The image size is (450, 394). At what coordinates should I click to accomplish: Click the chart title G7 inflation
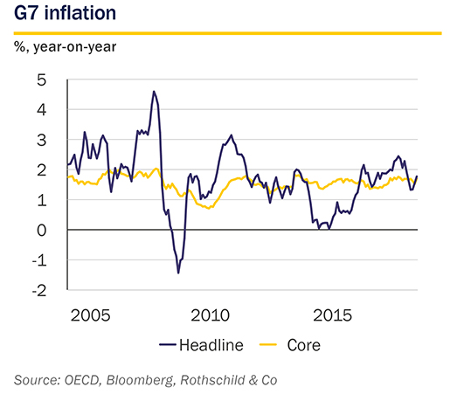tap(65, 13)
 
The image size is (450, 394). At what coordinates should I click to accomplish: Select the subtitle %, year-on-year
tap(65, 47)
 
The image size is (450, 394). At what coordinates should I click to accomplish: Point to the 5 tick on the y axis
tap(42, 79)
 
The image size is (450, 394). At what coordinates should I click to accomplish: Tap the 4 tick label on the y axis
tap(42, 110)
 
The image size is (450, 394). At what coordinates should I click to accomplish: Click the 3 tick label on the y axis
tap(42, 141)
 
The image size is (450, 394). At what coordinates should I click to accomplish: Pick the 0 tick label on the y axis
tap(42, 231)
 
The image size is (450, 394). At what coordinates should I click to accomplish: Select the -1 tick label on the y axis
tap(39, 260)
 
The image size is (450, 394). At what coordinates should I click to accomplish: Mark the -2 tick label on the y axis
tap(39, 291)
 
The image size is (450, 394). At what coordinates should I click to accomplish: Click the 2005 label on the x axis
tap(90, 315)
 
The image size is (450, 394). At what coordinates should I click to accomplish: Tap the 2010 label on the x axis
tap(211, 315)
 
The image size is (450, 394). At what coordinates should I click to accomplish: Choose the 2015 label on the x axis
tap(333, 315)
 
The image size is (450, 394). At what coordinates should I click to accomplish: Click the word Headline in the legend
tap(211, 345)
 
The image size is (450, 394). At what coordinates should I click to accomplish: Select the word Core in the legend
tap(304, 345)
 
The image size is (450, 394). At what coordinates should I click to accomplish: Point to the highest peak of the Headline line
tap(154, 91)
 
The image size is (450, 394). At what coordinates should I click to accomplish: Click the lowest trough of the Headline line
tap(178, 273)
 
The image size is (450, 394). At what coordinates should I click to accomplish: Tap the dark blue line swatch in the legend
tap(168, 345)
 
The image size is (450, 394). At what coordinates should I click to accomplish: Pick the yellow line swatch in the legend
tap(268, 345)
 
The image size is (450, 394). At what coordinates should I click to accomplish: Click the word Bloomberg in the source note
tap(141, 380)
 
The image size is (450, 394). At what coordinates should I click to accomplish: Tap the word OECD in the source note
tap(82, 381)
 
